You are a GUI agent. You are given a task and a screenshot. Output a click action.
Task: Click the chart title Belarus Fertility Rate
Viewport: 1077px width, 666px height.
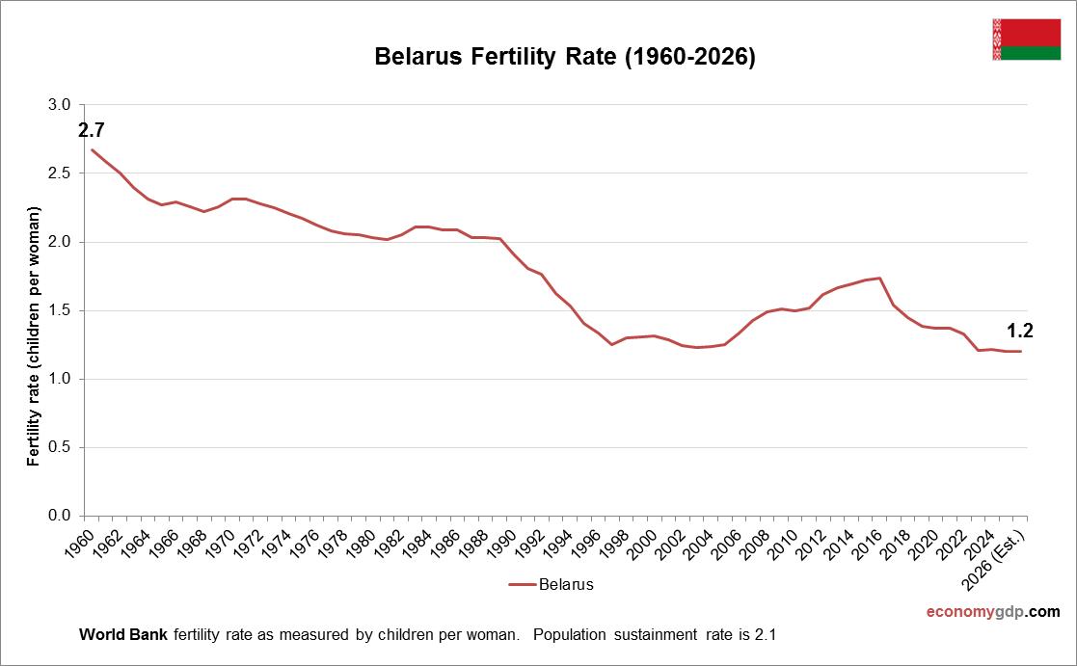[x=564, y=58]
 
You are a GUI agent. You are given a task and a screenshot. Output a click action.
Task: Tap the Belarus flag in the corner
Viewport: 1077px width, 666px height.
[x=1026, y=39]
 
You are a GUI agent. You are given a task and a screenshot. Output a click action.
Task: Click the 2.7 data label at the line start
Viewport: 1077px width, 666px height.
[x=91, y=130]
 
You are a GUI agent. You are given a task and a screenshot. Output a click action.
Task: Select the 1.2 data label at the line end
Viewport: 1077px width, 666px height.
[x=1020, y=331]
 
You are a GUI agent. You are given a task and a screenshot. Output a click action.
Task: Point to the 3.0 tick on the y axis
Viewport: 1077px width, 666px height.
[x=60, y=104]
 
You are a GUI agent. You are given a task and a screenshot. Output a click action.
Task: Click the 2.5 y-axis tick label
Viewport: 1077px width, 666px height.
[x=60, y=173]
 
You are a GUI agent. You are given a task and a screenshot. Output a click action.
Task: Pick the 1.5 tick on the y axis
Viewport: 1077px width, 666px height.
[x=60, y=310]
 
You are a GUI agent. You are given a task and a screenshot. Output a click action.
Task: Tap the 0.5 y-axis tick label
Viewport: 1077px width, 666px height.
[x=60, y=447]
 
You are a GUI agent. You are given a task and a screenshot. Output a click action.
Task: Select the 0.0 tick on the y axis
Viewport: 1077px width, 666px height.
[x=60, y=517]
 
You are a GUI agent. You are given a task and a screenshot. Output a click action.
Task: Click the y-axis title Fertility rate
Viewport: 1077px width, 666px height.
[x=34, y=335]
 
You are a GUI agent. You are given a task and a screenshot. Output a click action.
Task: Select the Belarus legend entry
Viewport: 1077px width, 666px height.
[x=552, y=584]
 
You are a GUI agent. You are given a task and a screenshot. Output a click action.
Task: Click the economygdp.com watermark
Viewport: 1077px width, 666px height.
[x=992, y=611]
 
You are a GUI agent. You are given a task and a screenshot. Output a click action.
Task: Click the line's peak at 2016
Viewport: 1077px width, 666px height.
[x=879, y=279]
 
